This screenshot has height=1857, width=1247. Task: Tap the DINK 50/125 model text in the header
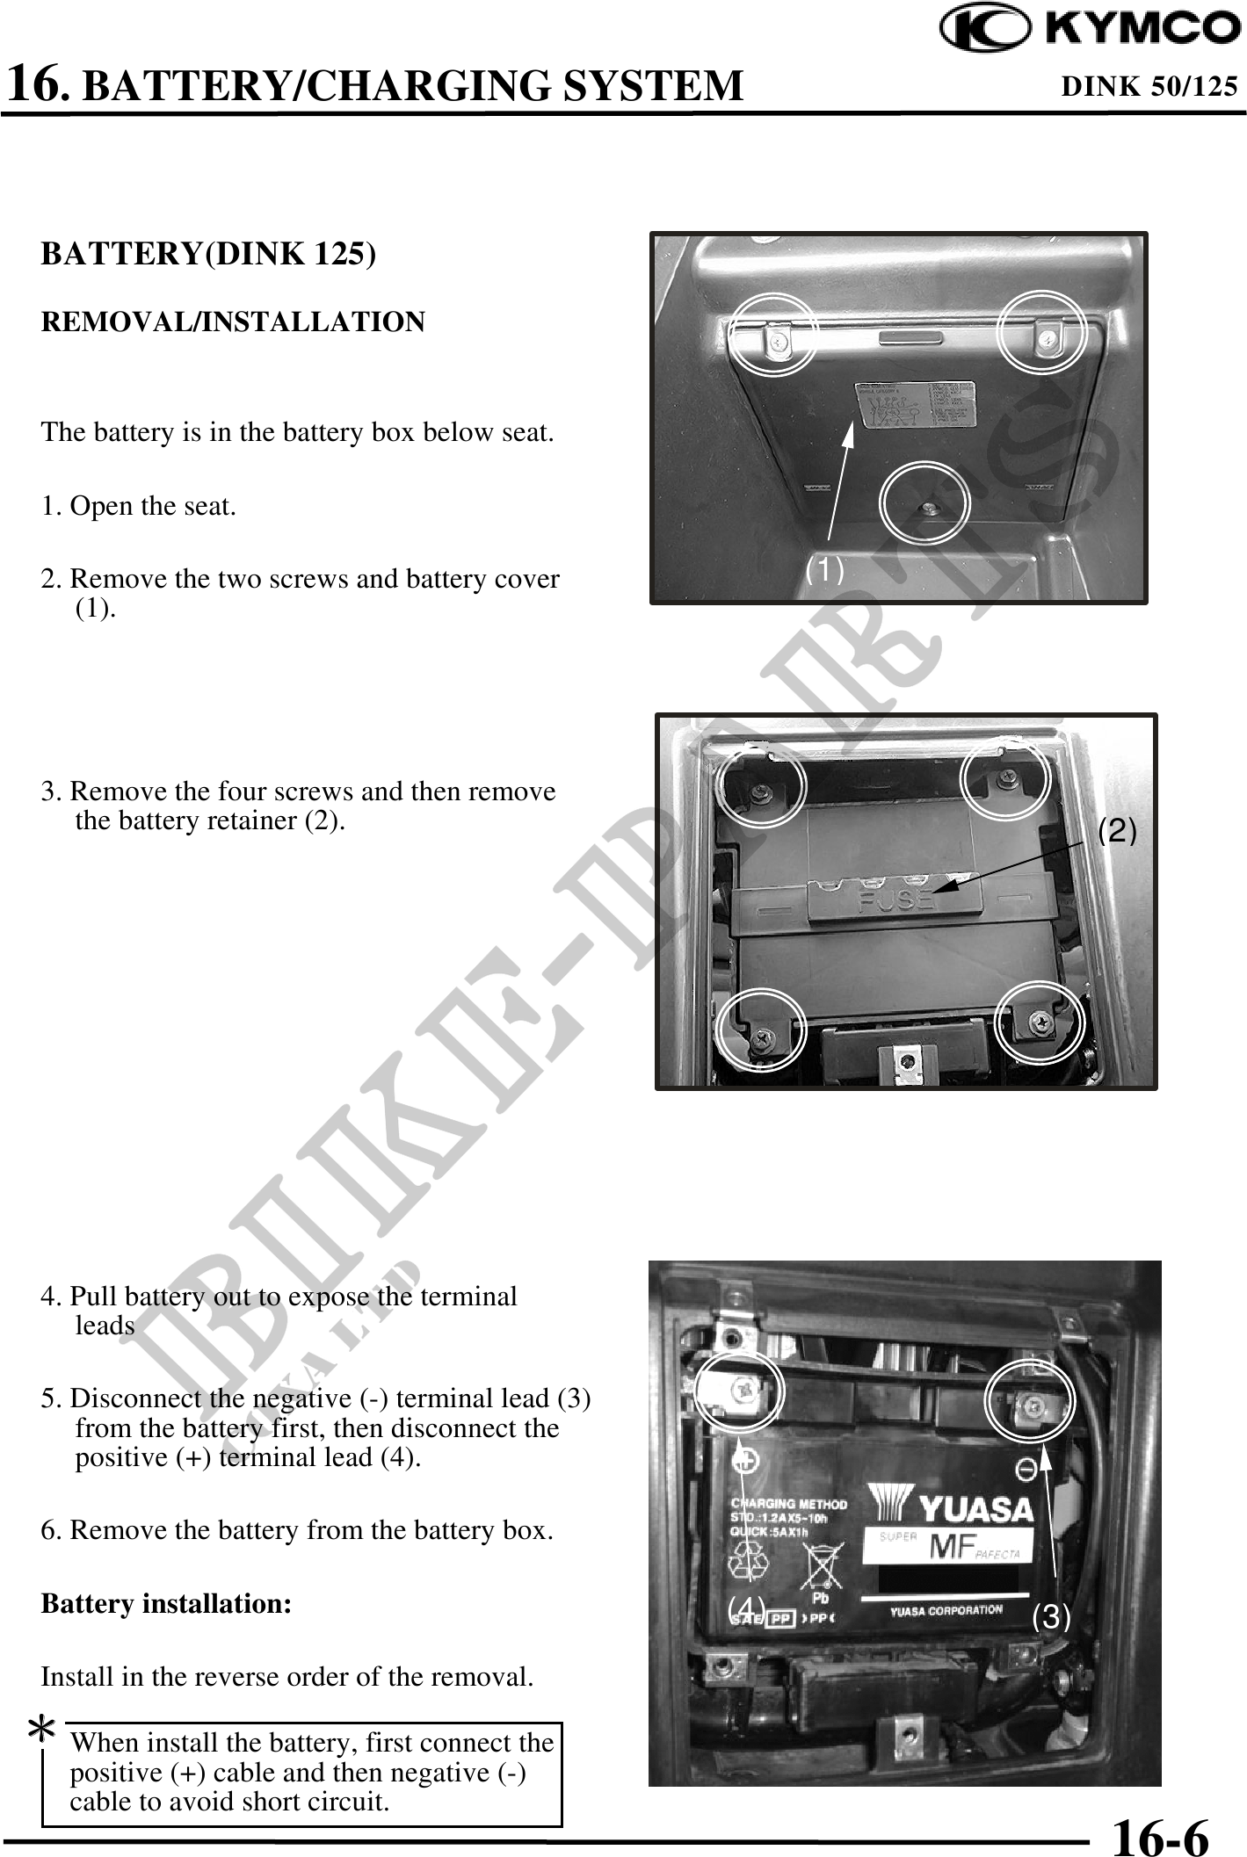coord(1149,86)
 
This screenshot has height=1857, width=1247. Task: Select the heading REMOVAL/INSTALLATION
coord(233,322)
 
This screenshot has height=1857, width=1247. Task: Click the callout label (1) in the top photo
coord(825,570)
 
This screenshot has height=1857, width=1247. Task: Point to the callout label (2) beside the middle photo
coord(1118,830)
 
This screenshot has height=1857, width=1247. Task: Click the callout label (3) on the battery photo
coord(1051,1615)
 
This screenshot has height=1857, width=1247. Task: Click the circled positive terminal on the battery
coord(738,1390)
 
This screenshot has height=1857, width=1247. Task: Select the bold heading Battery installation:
coord(166,1603)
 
